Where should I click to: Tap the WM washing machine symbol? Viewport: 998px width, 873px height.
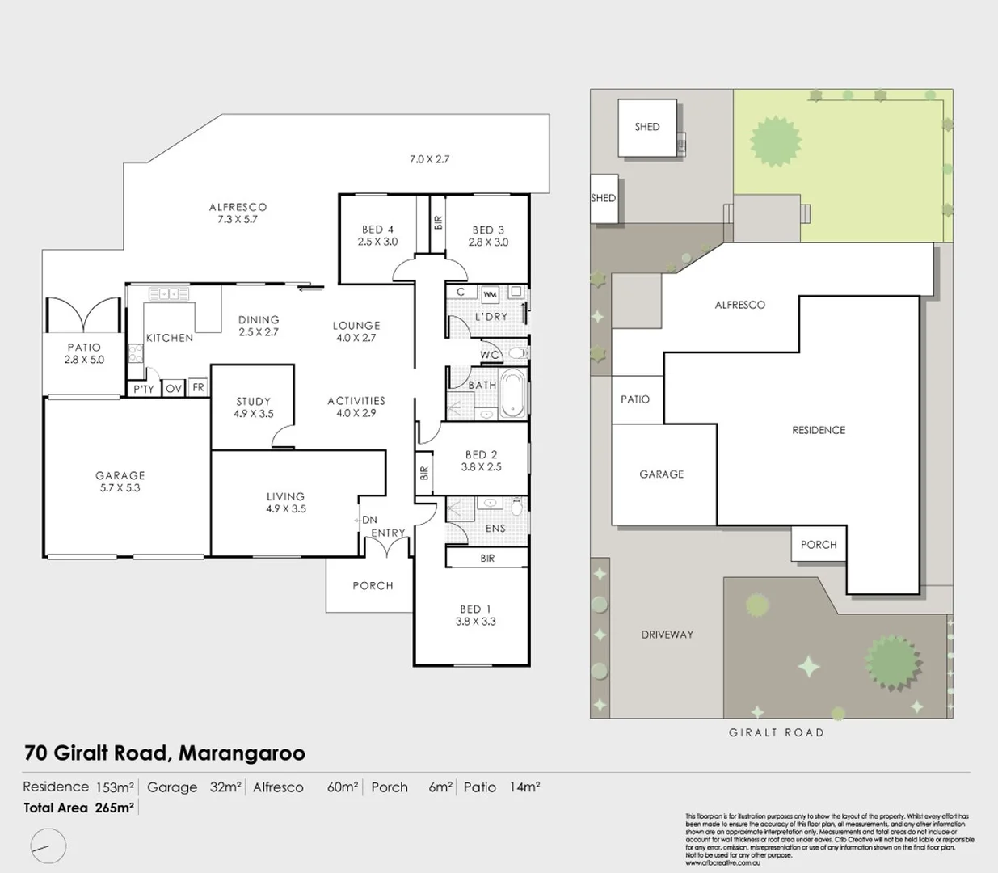click(x=490, y=294)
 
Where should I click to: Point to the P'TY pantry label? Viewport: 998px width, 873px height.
click(x=144, y=389)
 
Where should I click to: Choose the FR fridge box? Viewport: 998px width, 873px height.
click(x=198, y=388)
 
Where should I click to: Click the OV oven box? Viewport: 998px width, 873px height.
click(x=174, y=389)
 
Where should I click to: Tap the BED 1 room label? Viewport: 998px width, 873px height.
click(x=475, y=609)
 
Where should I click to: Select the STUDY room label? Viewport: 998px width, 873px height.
click(x=253, y=401)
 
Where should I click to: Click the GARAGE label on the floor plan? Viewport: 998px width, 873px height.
click(x=120, y=475)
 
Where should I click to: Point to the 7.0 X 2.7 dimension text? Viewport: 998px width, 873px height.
click(x=429, y=159)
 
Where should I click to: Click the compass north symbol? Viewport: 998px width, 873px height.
click(x=47, y=846)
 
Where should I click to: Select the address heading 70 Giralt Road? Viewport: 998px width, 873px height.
click(x=165, y=753)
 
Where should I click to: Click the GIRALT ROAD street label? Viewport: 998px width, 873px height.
click(x=776, y=732)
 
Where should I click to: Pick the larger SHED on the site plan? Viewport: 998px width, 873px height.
click(x=647, y=128)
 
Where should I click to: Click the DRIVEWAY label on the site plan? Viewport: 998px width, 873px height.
click(x=667, y=635)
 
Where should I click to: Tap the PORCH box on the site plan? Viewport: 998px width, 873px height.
click(x=818, y=545)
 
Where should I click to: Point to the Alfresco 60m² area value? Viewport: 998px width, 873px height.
click(x=342, y=787)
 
